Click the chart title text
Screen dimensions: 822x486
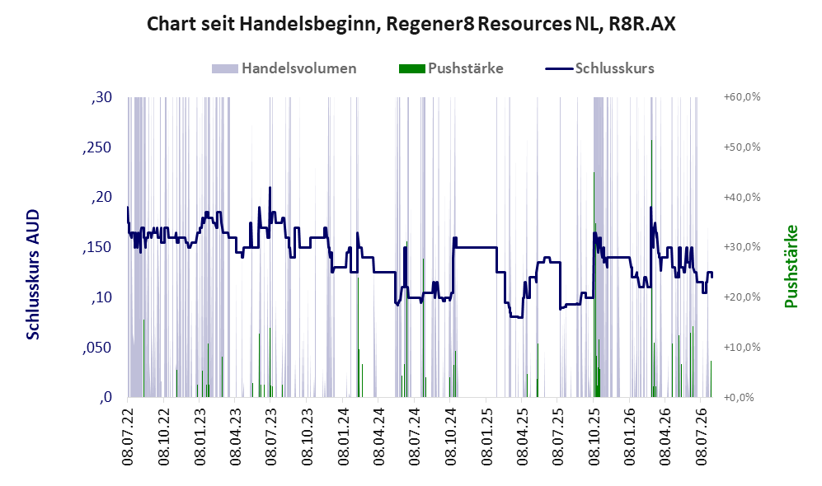[411, 24]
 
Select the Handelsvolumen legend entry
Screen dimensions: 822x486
[284, 68]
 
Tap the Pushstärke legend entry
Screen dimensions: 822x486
[451, 68]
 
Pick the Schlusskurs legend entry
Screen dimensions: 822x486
[599, 68]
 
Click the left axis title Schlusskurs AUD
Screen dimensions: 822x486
[33, 274]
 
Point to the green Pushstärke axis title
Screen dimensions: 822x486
[791, 266]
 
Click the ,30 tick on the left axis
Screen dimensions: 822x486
[101, 97]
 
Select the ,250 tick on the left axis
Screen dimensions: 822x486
[97, 147]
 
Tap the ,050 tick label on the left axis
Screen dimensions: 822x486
[97, 348]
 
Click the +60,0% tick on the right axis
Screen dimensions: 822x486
[742, 97]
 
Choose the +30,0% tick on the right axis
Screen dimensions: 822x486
[742, 247]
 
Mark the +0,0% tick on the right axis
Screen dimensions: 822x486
[740, 398]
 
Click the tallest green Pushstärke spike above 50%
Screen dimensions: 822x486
[651, 269]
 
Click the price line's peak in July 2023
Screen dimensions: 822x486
[270, 188]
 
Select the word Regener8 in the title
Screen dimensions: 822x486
[430, 24]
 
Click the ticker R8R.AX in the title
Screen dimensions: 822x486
[642, 24]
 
